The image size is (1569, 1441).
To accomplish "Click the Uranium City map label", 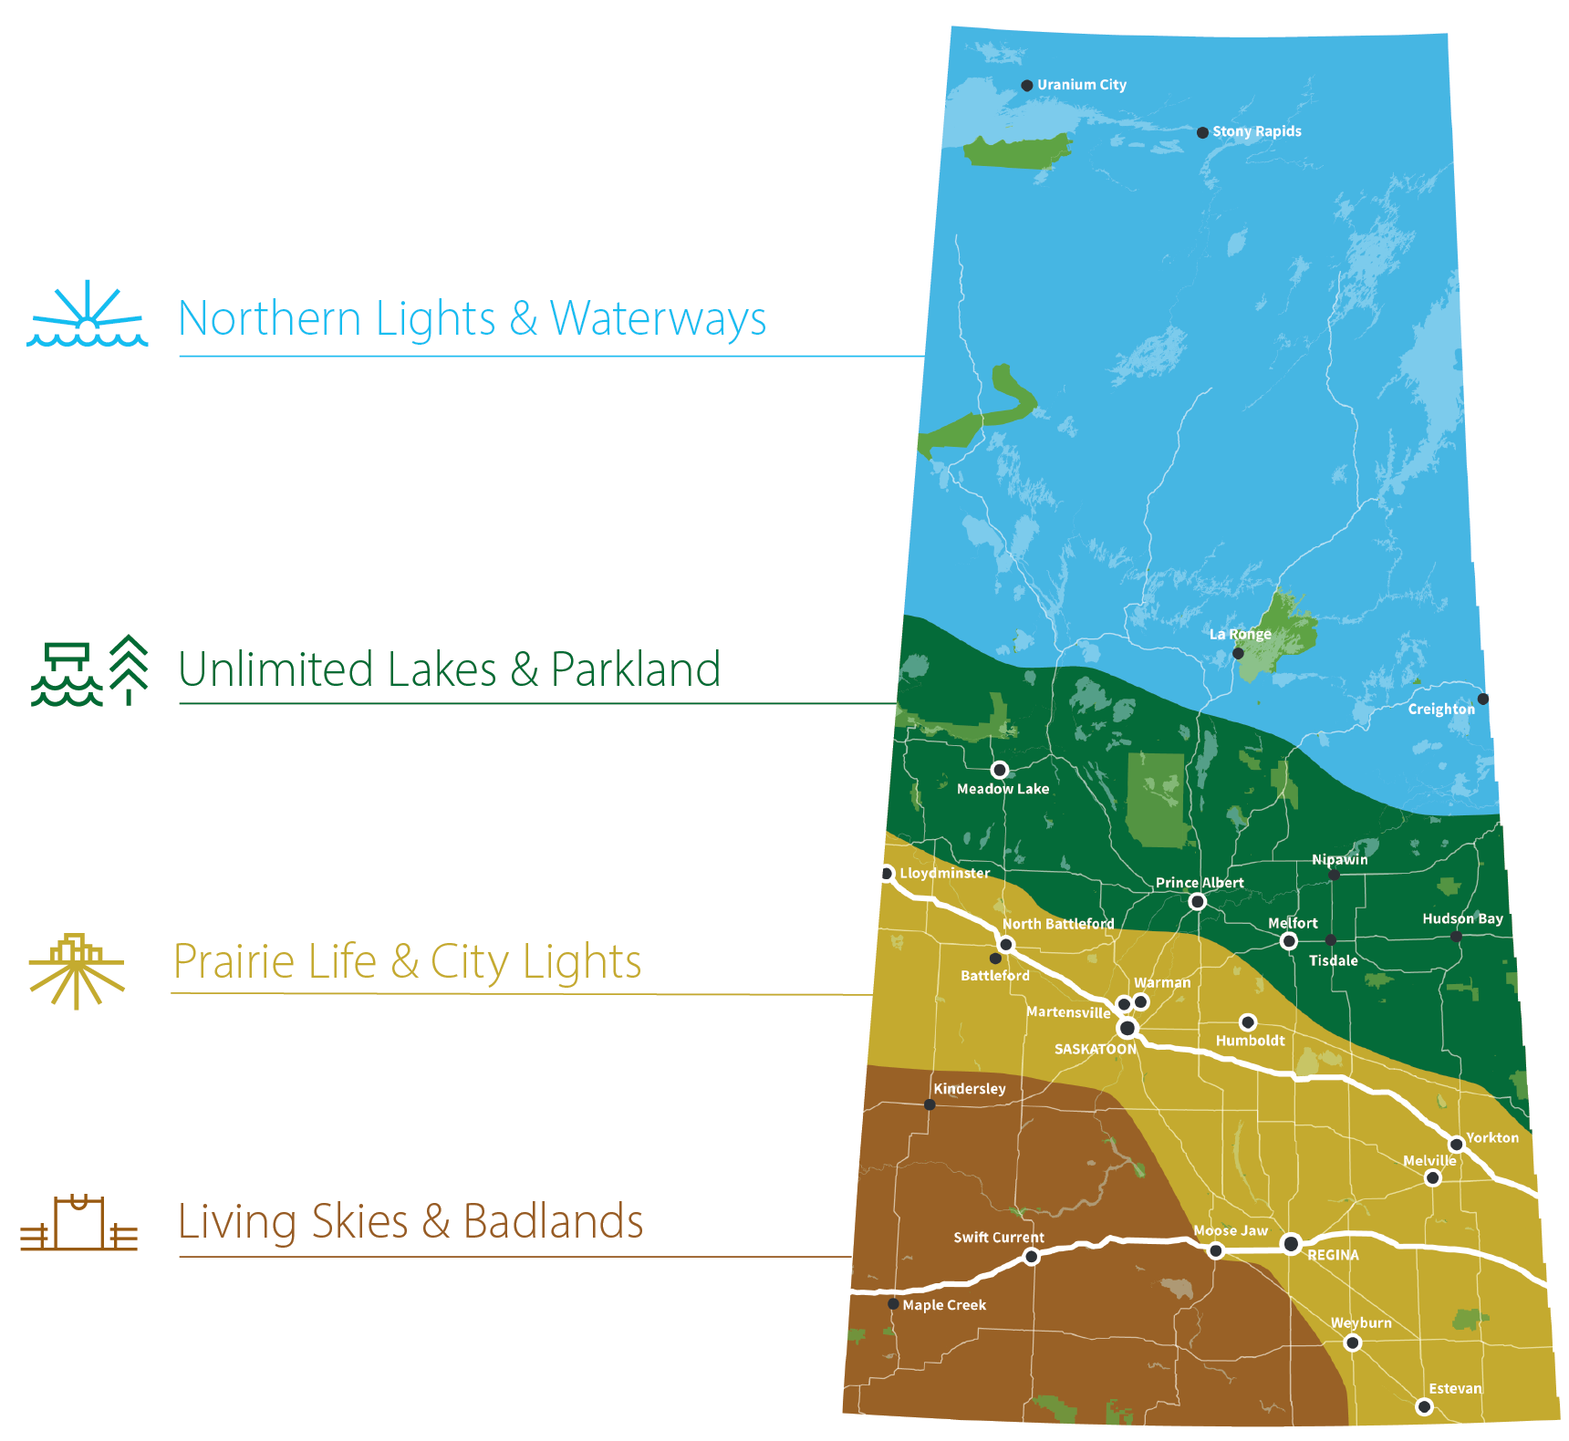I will point(1081,85).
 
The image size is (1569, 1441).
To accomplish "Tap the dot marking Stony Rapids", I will point(1202,132).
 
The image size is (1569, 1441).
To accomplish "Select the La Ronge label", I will point(1240,634).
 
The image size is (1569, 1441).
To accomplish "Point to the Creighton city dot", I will point(1482,699).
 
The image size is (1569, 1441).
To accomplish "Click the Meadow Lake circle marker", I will point(1000,770).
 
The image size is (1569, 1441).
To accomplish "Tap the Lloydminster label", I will point(944,873).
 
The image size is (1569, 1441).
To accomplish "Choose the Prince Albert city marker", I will point(1198,901).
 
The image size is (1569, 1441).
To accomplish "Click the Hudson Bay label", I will point(1462,918).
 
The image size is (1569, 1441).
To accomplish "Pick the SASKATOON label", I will point(1095,1049).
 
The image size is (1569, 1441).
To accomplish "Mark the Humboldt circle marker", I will point(1248,1022).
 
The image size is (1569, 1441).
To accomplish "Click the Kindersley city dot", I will point(930,1104).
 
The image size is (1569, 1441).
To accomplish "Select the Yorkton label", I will point(1492,1137).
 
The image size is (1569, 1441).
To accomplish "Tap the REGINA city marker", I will point(1291,1243).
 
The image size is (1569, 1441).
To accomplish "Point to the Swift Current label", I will point(999,1238).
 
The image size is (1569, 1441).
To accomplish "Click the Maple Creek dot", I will point(893,1304).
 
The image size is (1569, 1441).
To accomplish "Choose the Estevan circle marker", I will point(1424,1407).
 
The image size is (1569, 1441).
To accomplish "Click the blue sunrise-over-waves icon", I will point(87,315).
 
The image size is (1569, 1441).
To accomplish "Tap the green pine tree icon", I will point(130,669).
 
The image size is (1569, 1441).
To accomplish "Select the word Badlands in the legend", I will point(553,1221).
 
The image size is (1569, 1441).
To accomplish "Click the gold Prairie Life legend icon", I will point(77,969).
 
